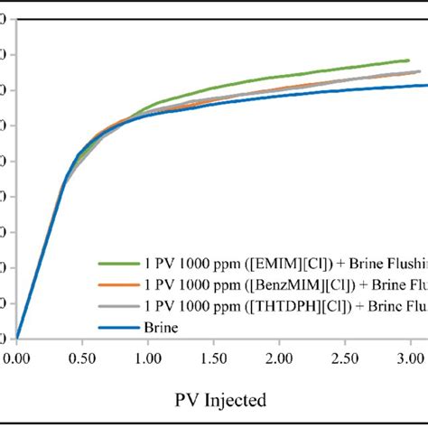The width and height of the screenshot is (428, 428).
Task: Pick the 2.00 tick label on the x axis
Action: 279,358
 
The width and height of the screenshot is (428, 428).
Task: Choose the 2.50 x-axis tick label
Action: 345,358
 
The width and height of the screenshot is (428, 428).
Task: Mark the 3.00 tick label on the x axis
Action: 410,358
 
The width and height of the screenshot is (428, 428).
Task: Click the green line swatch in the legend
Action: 116,264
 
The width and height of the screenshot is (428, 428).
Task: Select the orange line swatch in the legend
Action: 116,284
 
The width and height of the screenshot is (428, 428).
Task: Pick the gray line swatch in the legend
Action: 116,305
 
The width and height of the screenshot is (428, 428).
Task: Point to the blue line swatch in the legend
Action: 116,326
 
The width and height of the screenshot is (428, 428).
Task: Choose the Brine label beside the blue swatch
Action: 158,326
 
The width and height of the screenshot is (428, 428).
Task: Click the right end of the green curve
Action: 408,60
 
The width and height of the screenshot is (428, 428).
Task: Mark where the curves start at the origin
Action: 16,338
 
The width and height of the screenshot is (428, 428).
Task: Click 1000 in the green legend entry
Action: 190,264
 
